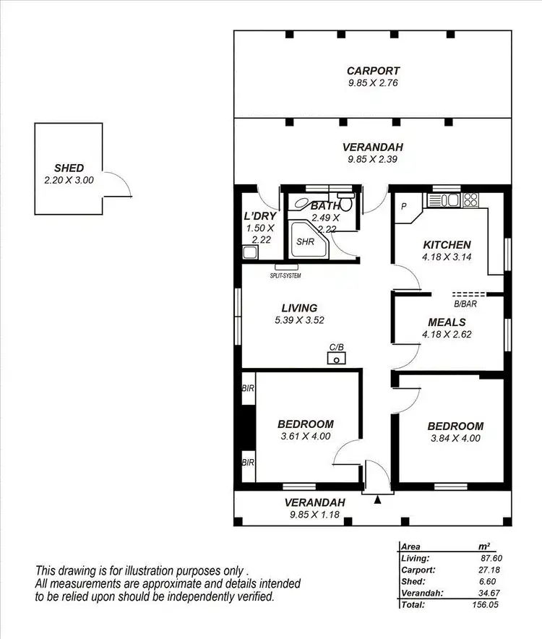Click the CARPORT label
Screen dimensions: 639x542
tap(372, 71)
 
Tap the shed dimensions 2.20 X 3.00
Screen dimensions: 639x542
tap(69, 179)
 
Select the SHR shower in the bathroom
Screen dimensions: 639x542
tap(304, 241)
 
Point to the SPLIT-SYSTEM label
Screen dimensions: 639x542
tap(285, 275)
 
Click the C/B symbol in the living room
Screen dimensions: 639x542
tap(336, 357)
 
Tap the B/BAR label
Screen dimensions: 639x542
tap(465, 304)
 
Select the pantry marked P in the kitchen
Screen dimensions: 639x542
tap(403, 205)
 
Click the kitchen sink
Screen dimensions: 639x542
tap(442, 200)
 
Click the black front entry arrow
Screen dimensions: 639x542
tap(377, 499)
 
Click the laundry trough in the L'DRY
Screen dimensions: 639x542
tap(249, 252)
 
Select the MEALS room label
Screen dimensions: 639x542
tap(447, 322)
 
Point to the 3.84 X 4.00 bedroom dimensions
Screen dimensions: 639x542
tap(455, 438)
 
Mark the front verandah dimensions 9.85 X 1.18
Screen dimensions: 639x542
tap(314, 515)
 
